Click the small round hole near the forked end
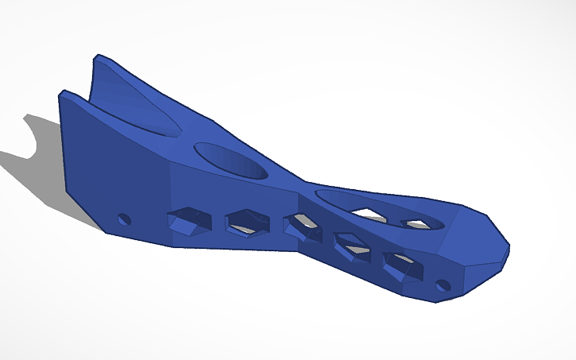123,219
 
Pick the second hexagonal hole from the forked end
245,224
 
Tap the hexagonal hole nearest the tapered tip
400,266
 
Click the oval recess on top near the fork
231,160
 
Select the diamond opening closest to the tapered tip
417,223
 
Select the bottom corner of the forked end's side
105,232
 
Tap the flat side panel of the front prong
111,171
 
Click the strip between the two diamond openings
391,218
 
